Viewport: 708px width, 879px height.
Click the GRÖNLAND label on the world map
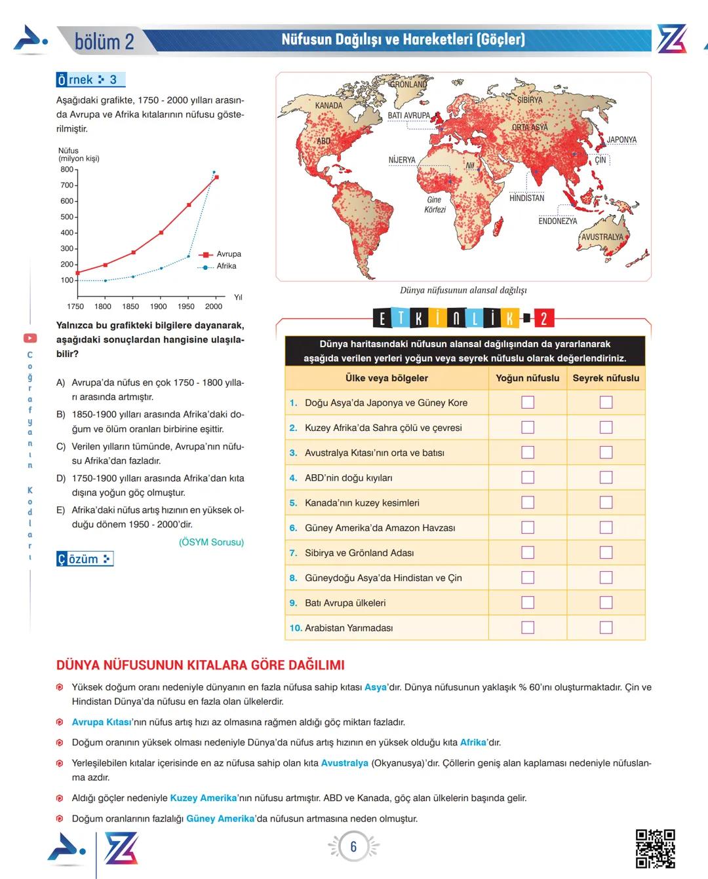click(408, 84)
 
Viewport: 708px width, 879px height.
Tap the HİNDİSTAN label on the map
click(526, 198)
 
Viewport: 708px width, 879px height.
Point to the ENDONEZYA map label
click(557, 221)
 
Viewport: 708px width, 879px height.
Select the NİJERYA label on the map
click(402, 160)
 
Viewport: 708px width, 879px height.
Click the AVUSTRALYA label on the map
click(602, 237)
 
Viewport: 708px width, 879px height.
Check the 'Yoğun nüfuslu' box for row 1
click(528, 402)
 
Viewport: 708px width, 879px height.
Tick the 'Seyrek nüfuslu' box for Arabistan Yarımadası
click(606, 627)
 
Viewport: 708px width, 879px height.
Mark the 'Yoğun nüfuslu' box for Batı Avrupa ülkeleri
click(528, 603)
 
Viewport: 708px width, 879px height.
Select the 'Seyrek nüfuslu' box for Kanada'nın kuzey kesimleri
click(606, 502)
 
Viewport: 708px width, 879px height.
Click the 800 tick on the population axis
click(67, 170)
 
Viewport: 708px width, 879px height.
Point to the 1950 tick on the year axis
click(186, 306)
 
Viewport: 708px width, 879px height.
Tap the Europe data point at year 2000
click(216, 177)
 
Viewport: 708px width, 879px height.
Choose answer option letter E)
click(60, 510)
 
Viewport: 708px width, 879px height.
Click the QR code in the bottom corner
click(655, 848)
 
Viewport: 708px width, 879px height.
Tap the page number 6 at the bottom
click(353, 846)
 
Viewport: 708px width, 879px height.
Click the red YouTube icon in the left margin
click(30, 338)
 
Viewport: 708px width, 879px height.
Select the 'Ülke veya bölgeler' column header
click(387, 378)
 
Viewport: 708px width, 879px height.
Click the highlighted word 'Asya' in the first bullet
click(376, 687)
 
